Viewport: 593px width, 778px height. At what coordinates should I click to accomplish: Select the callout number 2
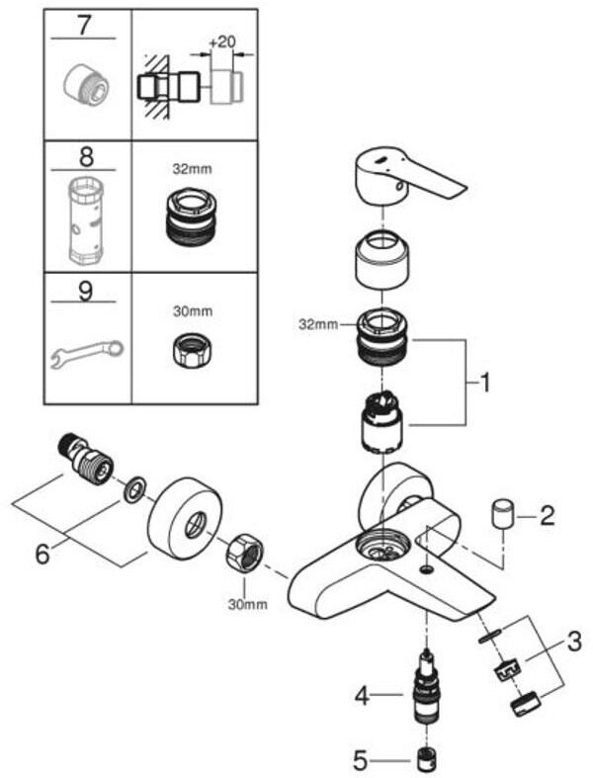[x=547, y=516]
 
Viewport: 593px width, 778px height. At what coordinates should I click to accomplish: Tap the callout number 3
[x=574, y=642]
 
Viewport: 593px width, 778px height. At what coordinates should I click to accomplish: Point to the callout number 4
[x=363, y=696]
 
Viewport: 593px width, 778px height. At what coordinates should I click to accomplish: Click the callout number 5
[x=361, y=759]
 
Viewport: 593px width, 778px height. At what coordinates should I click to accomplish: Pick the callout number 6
[x=42, y=554]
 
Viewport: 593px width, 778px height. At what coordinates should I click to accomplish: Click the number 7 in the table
[x=85, y=26]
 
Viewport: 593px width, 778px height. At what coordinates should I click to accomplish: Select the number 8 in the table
[x=86, y=157]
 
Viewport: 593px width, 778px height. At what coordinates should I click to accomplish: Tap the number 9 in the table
[x=85, y=291]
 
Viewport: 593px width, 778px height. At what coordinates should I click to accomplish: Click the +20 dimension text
[x=221, y=42]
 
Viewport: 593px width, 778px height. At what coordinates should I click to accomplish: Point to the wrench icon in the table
[x=87, y=353]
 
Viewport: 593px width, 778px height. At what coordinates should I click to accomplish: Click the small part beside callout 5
[x=427, y=759]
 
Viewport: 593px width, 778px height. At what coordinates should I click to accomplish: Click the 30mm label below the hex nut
[x=248, y=604]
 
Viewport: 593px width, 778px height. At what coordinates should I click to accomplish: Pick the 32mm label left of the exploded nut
[x=318, y=324]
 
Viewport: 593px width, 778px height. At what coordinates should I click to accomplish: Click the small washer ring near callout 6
[x=134, y=490]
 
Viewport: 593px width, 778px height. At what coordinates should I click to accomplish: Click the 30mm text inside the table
[x=193, y=311]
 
